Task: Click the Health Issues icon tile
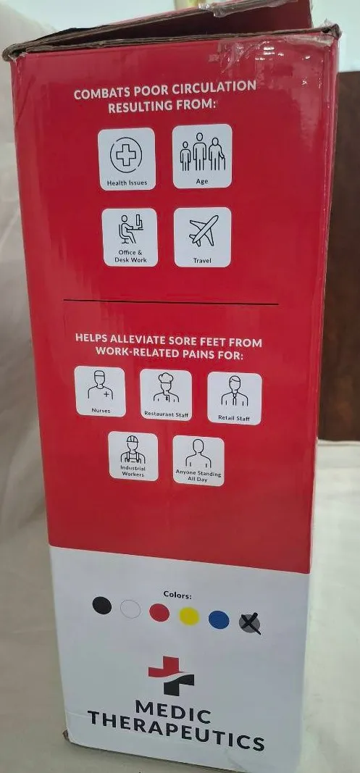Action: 126,159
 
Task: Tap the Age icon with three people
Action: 202,156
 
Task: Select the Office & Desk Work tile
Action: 130,237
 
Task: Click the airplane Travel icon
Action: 203,237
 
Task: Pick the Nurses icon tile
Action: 100,391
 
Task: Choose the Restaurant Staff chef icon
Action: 166,395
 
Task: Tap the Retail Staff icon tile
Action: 234,398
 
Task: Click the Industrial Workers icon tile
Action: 133,456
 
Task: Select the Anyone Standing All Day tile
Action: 198,461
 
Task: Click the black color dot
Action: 102,606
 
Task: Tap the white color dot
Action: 130,609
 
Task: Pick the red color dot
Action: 159,613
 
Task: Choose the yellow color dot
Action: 189,617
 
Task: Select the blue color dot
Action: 219,619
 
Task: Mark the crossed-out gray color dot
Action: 249,624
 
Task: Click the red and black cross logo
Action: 172,675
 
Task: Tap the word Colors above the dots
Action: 177,595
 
